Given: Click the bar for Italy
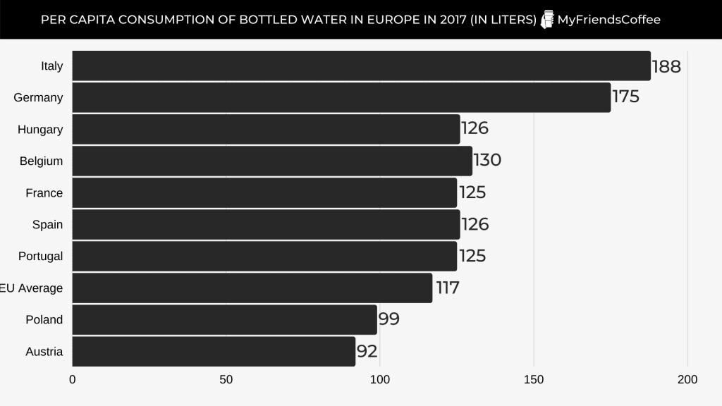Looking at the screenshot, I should [361, 66].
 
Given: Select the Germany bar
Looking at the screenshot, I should [341, 97].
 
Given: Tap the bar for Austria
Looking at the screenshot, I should [214, 351].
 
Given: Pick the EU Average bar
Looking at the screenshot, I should [252, 288].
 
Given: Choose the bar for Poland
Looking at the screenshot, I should [224, 319].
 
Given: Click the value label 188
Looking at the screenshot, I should [666, 66].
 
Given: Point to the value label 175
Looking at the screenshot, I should [625, 97].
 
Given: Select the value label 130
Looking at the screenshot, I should [487, 160].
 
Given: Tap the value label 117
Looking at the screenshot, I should [447, 288].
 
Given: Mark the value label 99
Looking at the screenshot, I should [389, 319].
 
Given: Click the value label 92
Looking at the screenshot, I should [367, 350].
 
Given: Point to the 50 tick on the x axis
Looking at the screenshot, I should [226, 380].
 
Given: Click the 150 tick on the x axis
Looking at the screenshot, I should [534, 380].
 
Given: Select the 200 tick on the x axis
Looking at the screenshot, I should [687, 380].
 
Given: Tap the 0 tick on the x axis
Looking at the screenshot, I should [73, 380].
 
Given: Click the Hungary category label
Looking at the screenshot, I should [40, 130].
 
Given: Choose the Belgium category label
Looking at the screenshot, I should [41, 161].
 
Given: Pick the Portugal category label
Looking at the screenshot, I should [40, 257].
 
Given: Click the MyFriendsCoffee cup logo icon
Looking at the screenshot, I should [547, 20].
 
